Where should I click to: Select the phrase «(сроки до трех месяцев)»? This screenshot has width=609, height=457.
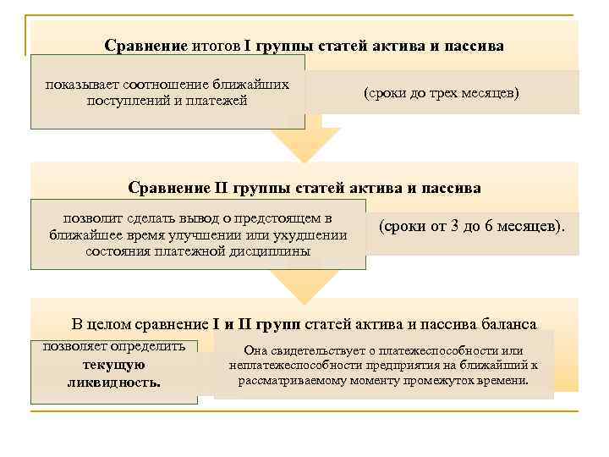[441, 93]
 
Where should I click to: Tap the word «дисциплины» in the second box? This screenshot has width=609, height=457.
[274, 251]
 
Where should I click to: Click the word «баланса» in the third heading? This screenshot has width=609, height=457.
[509, 323]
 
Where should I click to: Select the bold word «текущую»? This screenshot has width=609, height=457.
[114, 365]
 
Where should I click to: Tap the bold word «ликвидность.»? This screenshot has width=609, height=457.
[114, 382]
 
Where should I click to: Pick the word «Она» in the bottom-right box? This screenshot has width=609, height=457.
[255, 350]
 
